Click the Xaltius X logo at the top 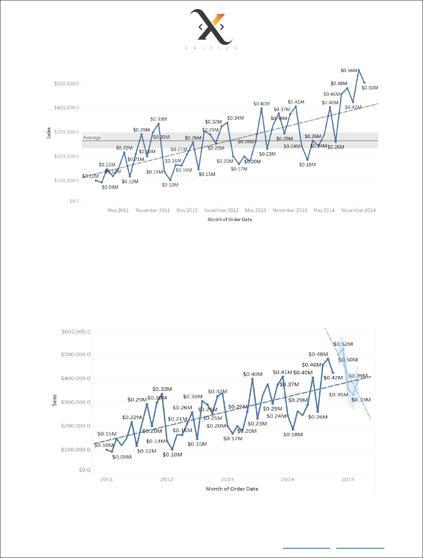tap(211, 27)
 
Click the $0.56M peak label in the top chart tap(349, 70)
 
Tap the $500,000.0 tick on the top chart tap(66, 84)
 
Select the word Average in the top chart tap(92, 138)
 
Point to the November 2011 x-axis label tap(153, 210)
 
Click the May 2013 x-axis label tap(255, 210)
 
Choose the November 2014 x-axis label tap(358, 210)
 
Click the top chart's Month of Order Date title tap(230, 220)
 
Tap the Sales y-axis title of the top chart tap(49, 133)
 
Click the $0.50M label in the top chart tap(370, 88)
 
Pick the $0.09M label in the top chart tap(110, 187)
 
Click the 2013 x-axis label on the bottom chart tap(227, 479)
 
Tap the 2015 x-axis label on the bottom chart tap(348, 479)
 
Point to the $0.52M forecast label tap(343, 344)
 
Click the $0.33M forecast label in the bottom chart tap(361, 400)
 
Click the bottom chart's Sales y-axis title tap(55, 400)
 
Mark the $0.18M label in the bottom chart tap(293, 435)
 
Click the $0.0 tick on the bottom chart tap(84, 470)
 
